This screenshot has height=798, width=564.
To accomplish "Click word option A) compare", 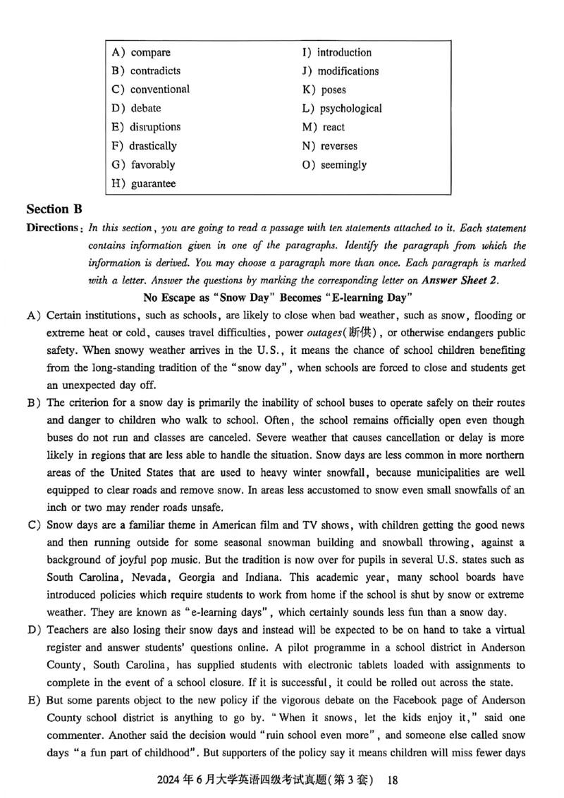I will pos(141,52).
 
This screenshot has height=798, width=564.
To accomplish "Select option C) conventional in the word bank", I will pos(150,90).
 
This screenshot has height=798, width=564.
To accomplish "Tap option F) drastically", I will pos(144,146).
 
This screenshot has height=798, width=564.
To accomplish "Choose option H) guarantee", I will pos(144,184).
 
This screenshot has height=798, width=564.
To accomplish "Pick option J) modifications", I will pos(340,71).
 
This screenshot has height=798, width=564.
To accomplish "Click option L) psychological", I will pos(342,109).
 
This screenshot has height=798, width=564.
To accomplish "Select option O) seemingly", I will pos(334,165).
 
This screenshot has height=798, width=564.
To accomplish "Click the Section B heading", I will pos(54,209).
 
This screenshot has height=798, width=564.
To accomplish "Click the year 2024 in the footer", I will pos(173,780).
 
